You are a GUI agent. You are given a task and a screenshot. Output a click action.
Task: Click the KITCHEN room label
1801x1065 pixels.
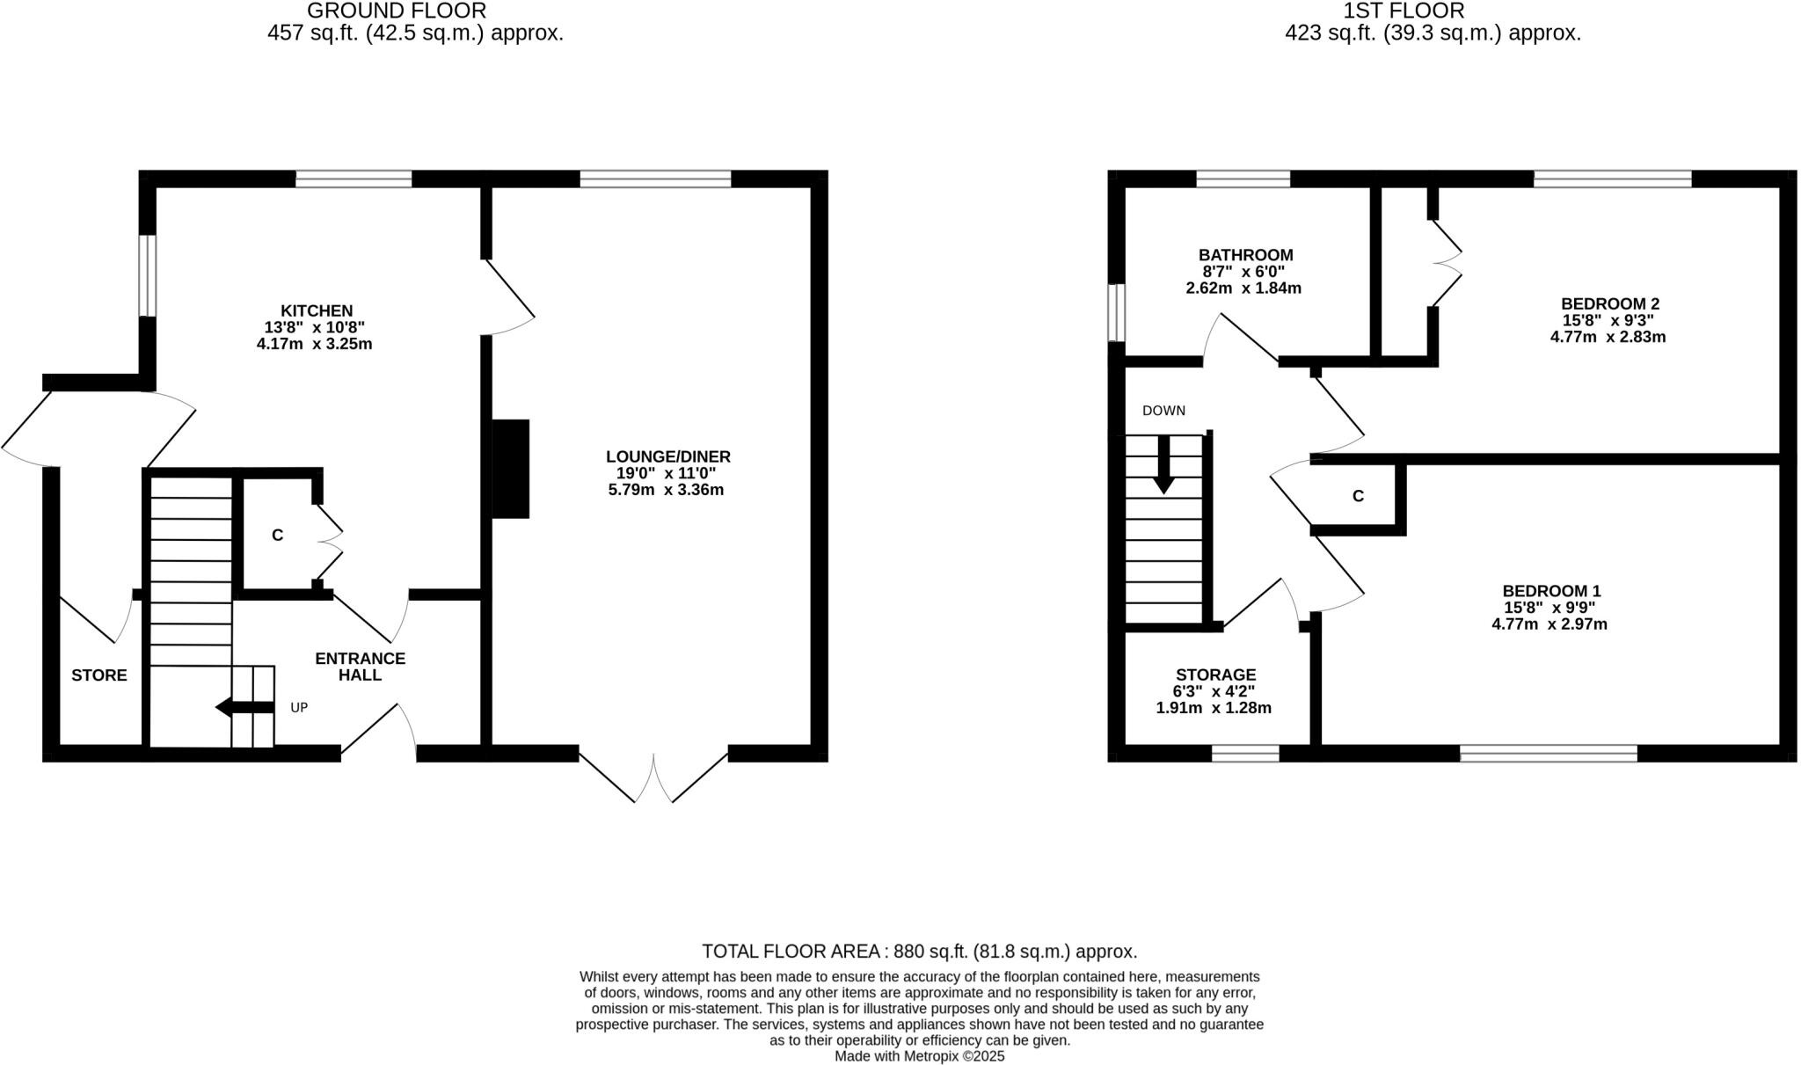coord(317,310)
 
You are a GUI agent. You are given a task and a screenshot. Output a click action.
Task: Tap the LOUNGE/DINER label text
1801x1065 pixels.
coord(667,456)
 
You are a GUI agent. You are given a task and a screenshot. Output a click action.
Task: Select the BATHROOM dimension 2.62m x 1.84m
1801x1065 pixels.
coord(1243,288)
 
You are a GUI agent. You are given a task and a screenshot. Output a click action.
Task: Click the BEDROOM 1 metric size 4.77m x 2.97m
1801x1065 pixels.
coord(1549,624)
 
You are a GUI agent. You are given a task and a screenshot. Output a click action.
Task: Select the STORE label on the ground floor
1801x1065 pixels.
coord(99,675)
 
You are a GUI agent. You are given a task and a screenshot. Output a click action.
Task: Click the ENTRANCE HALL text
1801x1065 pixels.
coord(360,667)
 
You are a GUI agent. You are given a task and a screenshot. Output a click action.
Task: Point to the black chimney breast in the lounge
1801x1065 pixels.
coord(510,469)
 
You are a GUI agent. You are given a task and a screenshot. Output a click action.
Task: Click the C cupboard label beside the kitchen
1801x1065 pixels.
coord(277,535)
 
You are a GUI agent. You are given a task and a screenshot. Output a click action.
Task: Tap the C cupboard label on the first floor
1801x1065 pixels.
coord(1358,496)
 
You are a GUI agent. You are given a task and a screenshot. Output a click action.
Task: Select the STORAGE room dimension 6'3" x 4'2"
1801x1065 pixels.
coord(1215,691)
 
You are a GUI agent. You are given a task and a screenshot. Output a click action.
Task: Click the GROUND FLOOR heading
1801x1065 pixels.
coord(397,11)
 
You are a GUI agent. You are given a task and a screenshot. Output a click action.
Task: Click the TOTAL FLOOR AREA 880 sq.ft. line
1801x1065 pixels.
coord(919,951)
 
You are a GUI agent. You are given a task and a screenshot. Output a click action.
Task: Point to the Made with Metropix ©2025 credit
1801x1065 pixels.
coord(919,1056)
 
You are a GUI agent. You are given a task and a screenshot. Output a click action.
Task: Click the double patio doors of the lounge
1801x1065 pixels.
coord(653,776)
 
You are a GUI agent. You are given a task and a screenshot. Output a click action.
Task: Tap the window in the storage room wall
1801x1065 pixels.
coord(1245,753)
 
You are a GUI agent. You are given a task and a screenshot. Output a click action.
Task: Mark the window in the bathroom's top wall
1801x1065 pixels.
coord(1243,179)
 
